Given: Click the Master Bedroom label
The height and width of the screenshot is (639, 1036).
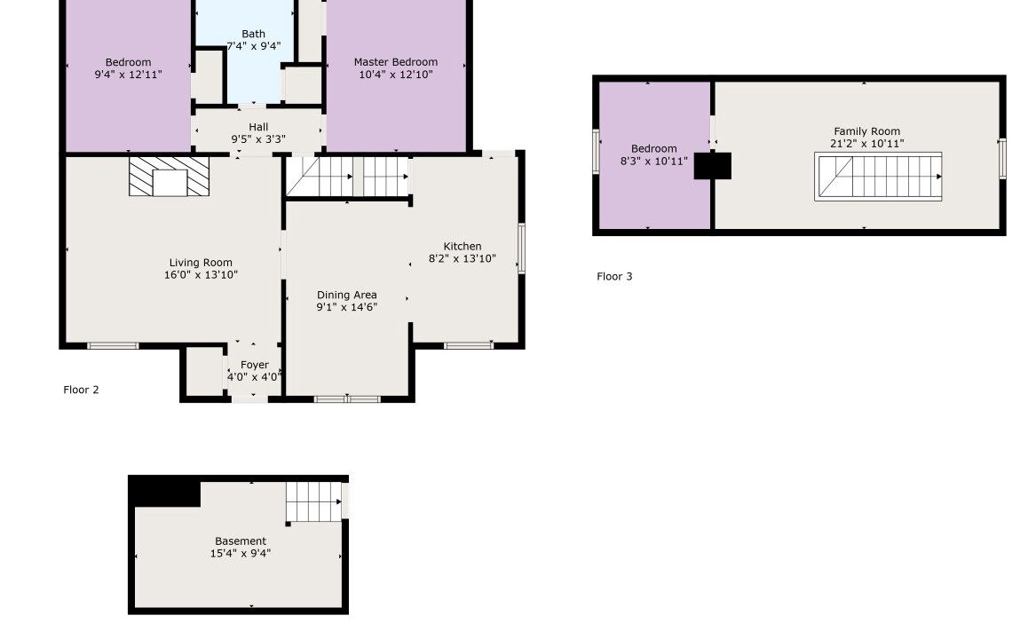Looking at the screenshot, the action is (x=395, y=62).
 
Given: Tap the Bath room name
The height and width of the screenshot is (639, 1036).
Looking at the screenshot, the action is (x=253, y=34).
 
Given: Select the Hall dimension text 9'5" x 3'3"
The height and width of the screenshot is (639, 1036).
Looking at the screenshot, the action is (x=258, y=139).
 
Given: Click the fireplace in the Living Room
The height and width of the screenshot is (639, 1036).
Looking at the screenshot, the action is (x=170, y=177).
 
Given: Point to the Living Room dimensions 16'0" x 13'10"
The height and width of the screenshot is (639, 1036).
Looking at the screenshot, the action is (x=201, y=275).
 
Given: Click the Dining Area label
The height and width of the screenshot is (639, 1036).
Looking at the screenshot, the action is (x=347, y=296).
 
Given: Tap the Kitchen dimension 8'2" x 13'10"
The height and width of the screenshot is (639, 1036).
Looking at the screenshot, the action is (x=463, y=259).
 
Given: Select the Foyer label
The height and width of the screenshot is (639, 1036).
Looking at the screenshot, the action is (x=255, y=365).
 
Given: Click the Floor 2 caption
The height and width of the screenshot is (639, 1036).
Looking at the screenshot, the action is (x=82, y=390).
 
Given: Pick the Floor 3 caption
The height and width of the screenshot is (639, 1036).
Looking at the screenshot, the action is (x=614, y=277).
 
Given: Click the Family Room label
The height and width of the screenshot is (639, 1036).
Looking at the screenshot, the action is (x=866, y=131).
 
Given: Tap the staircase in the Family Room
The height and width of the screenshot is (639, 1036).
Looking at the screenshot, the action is (x=878, y=177).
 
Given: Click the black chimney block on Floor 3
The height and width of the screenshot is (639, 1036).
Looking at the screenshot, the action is (x=712, y=166).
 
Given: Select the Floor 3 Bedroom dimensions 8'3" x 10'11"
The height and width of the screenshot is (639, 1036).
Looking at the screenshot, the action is (x=654, y=162).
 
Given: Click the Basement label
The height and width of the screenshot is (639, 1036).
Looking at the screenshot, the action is (x=241, y=541).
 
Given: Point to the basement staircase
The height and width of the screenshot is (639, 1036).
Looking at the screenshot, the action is (x=314, y=502).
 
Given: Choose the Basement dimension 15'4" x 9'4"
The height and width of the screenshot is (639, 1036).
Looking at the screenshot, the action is (x=241, y=554).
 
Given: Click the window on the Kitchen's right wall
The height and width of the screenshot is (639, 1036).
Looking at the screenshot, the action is (x=521, y=248).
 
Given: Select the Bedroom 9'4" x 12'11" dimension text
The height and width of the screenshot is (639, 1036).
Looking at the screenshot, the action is (x=128, y=75).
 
